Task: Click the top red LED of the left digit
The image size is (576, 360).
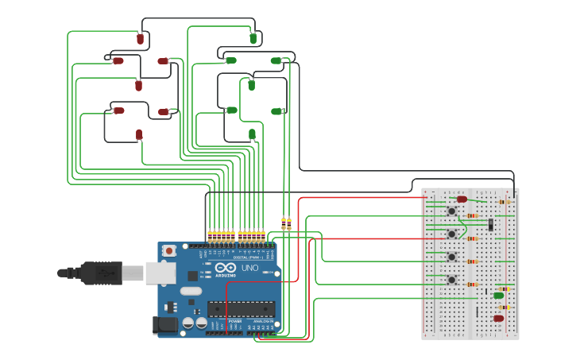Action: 141,38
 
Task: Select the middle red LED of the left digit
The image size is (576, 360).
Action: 139,85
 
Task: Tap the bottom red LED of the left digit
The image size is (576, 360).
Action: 139,134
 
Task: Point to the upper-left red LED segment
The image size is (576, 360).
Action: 118,60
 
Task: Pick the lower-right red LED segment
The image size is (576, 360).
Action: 163,112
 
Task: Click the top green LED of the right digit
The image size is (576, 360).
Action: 253,37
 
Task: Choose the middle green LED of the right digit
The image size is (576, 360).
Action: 251,84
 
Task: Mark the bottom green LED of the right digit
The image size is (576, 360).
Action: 252,134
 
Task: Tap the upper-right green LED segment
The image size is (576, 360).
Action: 276,60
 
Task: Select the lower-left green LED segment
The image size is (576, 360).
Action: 231,110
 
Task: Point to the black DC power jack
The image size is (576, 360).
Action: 164,324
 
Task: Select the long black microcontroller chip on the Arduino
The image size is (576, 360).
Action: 242,309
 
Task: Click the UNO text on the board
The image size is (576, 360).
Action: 249,269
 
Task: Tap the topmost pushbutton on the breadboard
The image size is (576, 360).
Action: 451,211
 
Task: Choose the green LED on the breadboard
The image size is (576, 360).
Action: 498,296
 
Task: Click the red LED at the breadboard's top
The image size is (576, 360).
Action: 462,199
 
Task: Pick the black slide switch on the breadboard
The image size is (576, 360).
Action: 491,225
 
